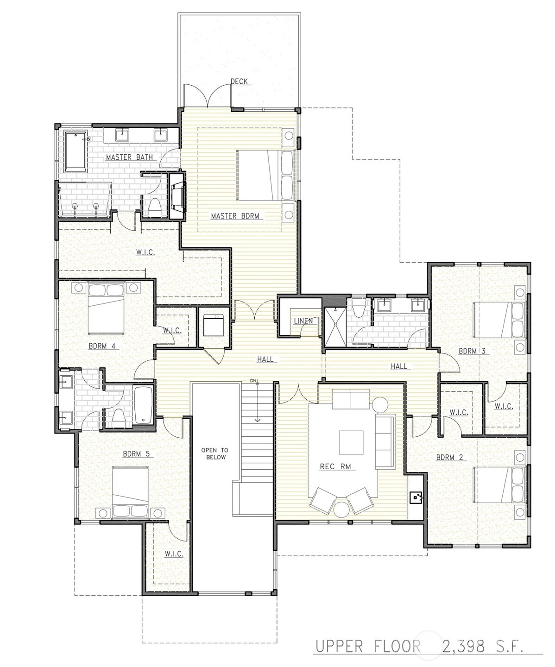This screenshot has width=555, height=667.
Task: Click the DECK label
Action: point(240,82)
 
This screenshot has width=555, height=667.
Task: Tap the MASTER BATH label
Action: point(129,157)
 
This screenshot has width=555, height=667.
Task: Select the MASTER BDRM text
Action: point(235,216)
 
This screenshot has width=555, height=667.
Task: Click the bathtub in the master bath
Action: point(76,151)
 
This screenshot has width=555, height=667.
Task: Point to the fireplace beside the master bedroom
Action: point(177,196)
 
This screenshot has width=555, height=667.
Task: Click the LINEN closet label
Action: point(303,321)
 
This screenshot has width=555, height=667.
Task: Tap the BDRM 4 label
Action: point(102,346)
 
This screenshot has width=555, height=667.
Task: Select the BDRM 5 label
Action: point(136,453)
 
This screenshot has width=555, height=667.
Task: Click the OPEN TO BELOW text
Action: point(215,453)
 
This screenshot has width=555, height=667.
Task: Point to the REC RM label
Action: point(335,467)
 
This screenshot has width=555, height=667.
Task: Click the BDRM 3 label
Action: point(472,351)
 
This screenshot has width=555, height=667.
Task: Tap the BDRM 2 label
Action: point(450,457)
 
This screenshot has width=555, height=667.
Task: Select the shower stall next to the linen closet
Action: point(335,326)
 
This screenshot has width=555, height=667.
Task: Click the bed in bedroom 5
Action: point(131,491)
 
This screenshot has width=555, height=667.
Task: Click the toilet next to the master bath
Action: point(155,207)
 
